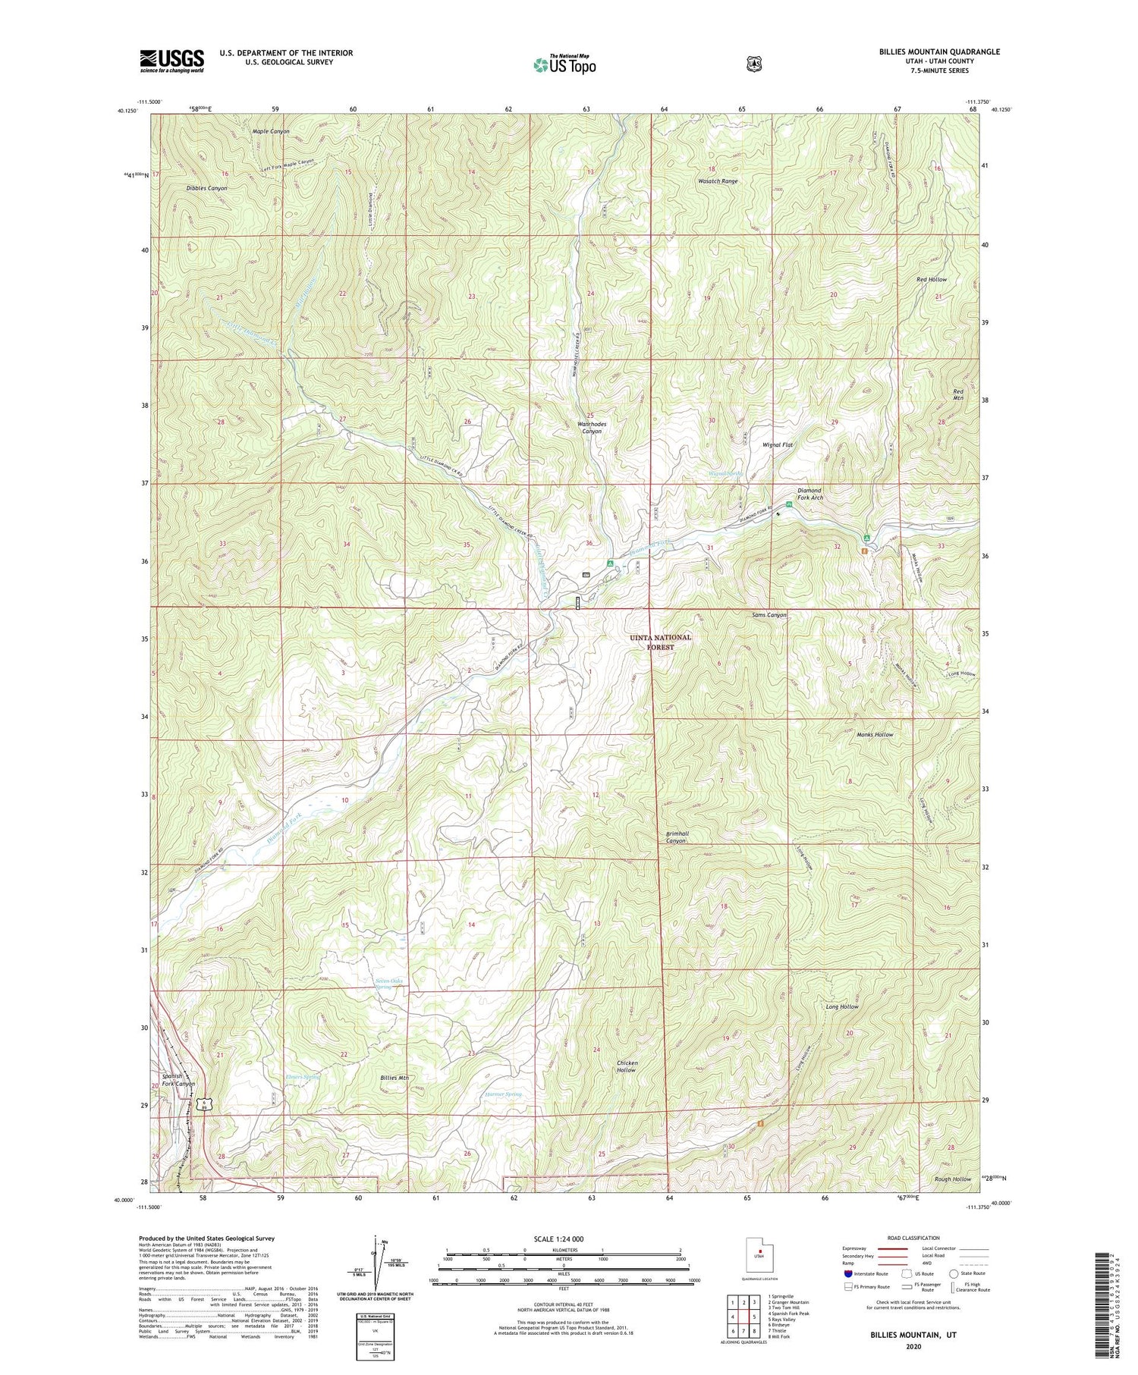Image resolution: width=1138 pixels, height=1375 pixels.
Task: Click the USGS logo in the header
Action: coord(171,61)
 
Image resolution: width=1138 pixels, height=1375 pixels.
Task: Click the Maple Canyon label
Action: coord(271,131)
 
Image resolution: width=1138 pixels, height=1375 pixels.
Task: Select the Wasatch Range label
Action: coord(718,181)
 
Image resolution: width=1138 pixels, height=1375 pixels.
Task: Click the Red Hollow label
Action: coord(931,279)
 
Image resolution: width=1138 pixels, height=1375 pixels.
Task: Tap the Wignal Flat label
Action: coord(778,445)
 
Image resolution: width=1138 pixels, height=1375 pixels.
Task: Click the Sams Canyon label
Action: coord(769,615)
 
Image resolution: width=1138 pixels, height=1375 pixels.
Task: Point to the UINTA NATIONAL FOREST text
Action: coord(661,642)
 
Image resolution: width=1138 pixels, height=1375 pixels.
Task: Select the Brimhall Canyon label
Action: coord(672,837)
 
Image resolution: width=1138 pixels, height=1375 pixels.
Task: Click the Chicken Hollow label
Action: coord(627,1067)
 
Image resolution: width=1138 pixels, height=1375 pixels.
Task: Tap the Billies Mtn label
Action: coord(395,1077)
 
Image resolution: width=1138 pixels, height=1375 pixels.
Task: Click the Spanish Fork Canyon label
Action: coord(178,1080)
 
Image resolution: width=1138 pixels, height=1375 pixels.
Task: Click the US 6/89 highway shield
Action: coord(203,1104)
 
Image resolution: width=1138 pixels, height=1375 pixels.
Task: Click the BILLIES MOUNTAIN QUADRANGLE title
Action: coord(935,52)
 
